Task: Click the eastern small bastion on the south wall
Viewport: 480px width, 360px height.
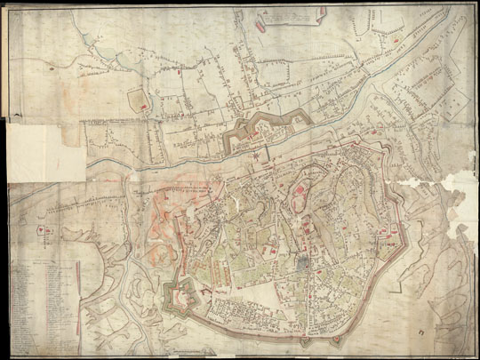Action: [337, 340]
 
